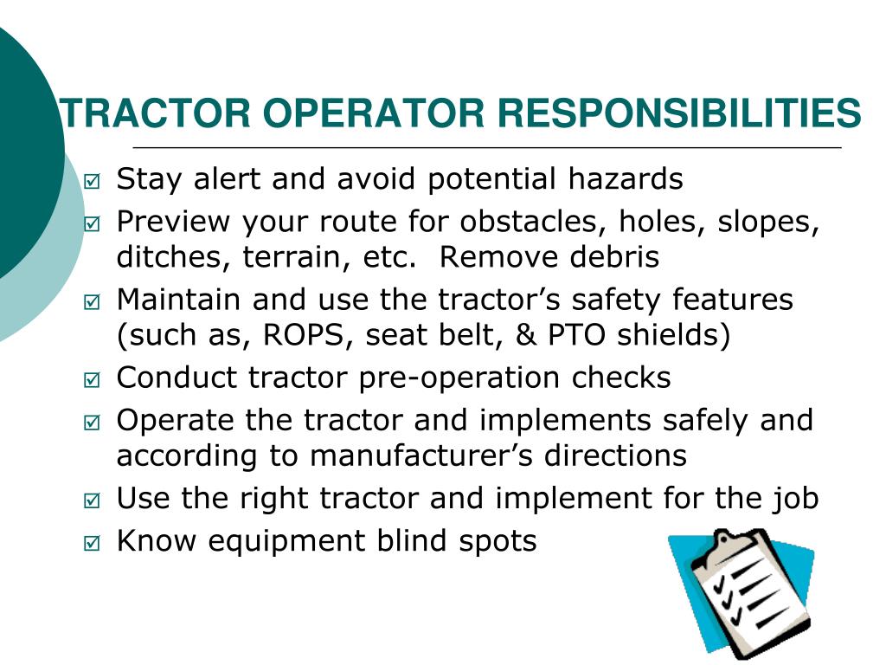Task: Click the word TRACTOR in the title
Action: point(155,113)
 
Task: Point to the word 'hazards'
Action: point(626,179)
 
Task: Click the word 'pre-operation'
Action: point(463,378)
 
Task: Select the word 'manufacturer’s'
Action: point(423,455)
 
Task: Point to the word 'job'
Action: point(796,499)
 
